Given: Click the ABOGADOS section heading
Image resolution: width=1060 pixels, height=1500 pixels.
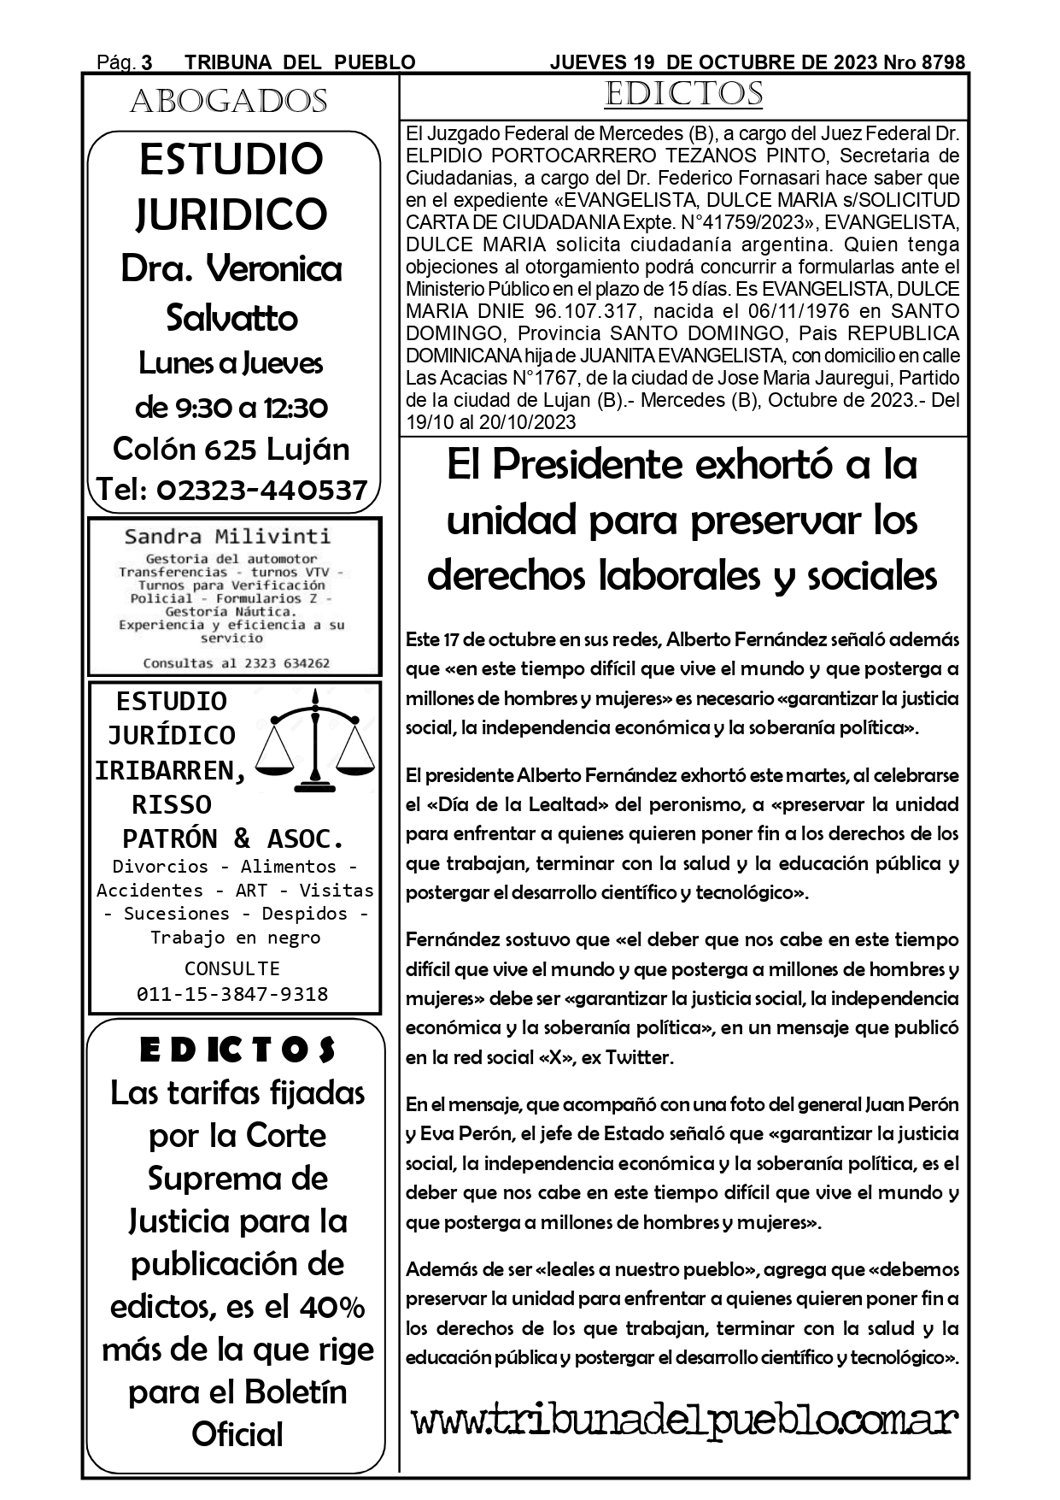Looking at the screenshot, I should click(229, 103).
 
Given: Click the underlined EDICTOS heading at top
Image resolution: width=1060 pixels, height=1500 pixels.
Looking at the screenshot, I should click(682, 94).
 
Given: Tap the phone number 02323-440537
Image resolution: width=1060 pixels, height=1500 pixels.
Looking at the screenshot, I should click(261, 490).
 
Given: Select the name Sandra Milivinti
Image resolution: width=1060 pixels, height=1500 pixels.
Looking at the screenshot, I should click(227, 537).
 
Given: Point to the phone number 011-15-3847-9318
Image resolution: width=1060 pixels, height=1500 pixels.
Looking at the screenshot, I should click(232, 993).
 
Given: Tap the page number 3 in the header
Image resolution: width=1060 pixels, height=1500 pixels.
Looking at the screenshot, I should click(146, 62).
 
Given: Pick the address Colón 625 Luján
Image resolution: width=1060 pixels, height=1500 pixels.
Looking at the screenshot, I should click(231, 449).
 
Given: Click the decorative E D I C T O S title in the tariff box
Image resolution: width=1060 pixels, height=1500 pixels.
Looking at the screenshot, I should click(237, 1050).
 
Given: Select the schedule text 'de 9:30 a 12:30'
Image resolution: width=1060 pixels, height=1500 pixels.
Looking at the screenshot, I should click(231, 407).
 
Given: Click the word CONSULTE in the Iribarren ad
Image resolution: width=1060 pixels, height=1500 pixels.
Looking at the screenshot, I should click(232, 968).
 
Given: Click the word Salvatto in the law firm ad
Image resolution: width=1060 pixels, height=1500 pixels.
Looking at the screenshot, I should click(231, 318).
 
